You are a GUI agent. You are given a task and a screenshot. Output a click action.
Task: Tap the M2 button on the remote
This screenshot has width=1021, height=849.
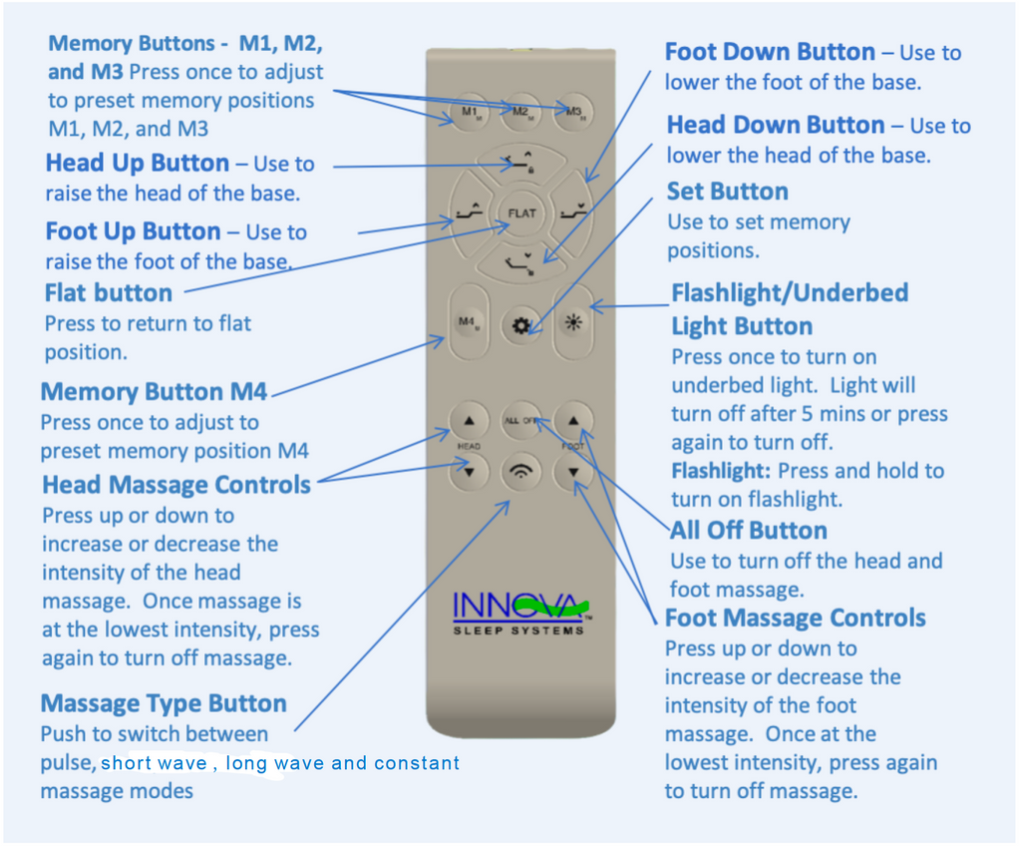[520, 112]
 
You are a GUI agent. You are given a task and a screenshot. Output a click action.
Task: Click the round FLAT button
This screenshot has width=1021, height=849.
[521, 212]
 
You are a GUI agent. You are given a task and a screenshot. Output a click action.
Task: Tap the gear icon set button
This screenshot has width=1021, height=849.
[520, 325]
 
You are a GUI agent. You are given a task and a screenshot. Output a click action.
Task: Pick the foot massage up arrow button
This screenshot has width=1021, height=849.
[573, 420]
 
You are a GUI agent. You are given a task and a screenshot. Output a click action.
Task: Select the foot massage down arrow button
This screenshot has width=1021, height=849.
[573, 472]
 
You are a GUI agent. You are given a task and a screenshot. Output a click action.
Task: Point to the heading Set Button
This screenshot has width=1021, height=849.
[727, 192]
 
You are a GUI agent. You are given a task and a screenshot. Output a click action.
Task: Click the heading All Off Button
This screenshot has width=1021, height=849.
[748, 530]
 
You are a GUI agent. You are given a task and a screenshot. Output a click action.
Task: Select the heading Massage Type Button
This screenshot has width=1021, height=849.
[164, 703]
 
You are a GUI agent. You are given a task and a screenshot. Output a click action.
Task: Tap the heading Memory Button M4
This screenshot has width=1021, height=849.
[154, 391]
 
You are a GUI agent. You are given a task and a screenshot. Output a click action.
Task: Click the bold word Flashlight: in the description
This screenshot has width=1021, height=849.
[721, 471]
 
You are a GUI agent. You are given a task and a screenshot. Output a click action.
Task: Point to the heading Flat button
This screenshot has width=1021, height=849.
[109, 293]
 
